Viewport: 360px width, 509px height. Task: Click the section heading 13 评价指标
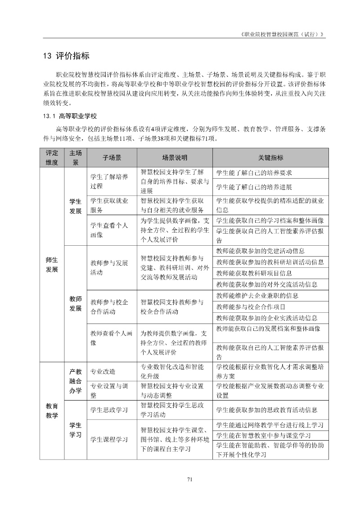[66, 56]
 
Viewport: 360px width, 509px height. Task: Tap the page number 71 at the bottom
[189, 479]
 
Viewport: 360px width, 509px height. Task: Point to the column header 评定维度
[52, 158]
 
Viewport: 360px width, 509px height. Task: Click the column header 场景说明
[175, 158]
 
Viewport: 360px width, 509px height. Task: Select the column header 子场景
[112, 158]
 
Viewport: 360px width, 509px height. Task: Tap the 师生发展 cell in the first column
[52, 264]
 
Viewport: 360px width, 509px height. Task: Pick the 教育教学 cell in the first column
[52, 410]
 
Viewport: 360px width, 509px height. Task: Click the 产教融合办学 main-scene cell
[75, 381]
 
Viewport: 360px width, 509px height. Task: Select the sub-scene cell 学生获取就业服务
[109, 205]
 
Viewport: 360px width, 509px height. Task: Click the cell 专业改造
[103, 372]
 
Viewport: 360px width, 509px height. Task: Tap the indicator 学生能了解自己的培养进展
[254, 187]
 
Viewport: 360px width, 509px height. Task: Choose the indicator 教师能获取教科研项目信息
[254, 273]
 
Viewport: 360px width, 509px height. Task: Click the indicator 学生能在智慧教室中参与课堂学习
[264, 436]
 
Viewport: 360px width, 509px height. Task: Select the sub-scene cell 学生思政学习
[109, 410]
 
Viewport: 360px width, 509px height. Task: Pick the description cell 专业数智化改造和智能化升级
[172, 372]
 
